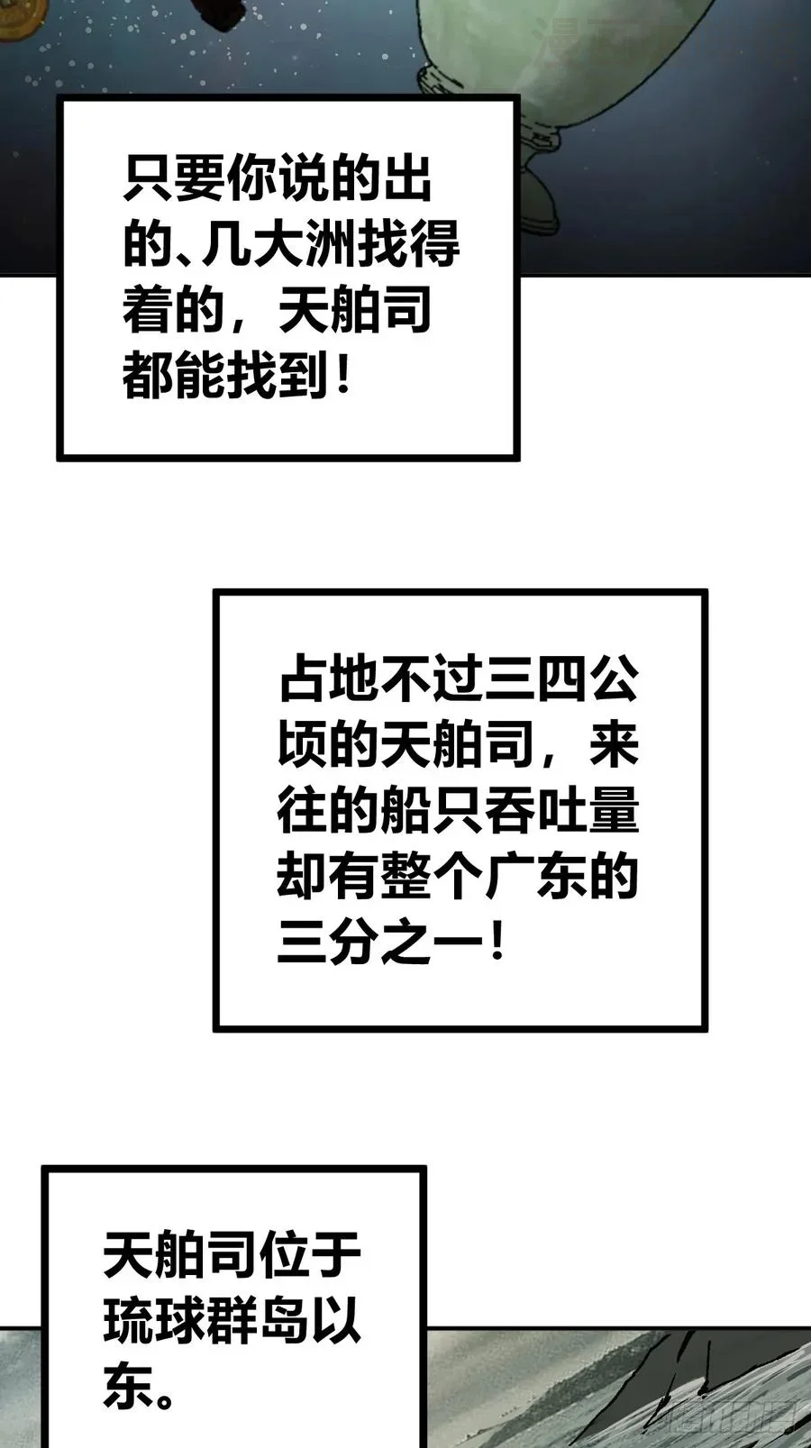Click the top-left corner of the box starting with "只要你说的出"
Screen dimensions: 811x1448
point(59,97)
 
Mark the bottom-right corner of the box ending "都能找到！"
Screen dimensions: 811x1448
point(518,459)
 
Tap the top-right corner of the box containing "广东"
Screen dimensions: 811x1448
point(706,591)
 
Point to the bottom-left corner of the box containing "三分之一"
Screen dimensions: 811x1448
point(216,1029)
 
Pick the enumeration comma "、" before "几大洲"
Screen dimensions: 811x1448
point(187,258)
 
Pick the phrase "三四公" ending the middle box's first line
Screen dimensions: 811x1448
point(561,683)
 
